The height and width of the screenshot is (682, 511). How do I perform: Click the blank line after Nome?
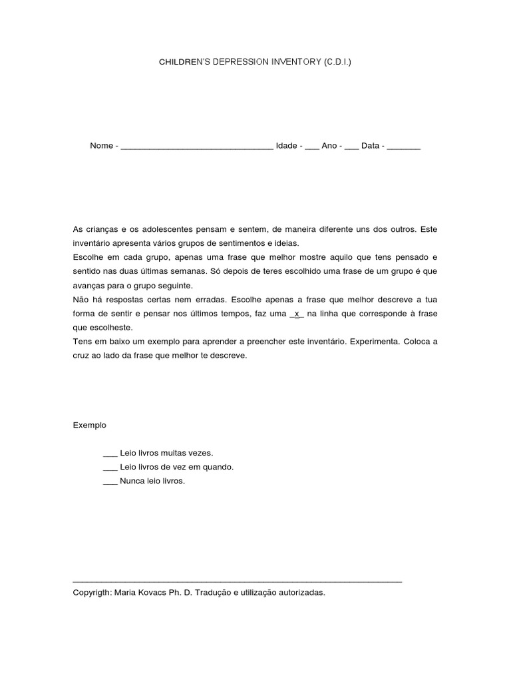[x=197, y=147]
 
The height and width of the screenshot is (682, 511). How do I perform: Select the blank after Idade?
[x=312, y=147]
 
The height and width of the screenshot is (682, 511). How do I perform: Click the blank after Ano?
[x=352, y=147]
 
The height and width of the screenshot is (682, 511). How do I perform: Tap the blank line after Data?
[x=403, y=147]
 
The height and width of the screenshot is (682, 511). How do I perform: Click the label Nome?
[x=101, y=146]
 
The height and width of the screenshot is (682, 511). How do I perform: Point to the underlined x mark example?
[x=297, y=314]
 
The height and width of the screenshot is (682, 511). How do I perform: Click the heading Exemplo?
[x=89, y=425]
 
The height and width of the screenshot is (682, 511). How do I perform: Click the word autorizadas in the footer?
[x=303, y=591]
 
